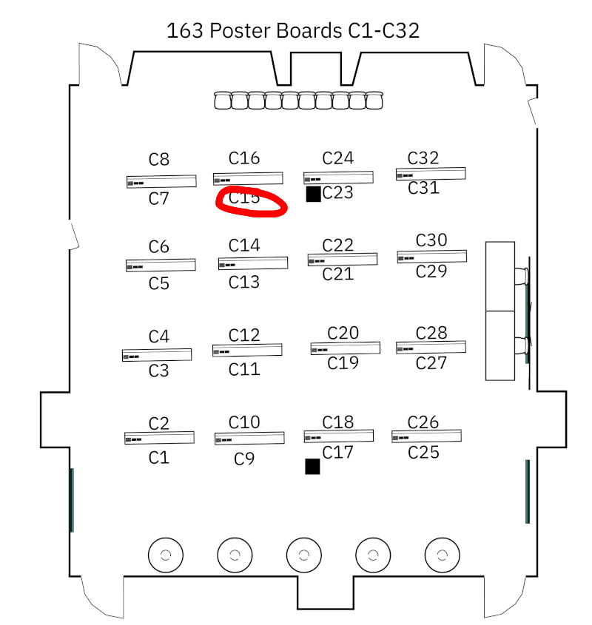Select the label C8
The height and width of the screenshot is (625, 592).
tap(159, 159)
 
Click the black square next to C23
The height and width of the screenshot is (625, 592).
tap(313, 194)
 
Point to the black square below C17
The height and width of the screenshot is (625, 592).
tap(312, 466)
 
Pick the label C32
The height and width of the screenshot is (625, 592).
tap(423, 158)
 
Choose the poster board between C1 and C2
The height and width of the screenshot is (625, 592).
tap(159, 438)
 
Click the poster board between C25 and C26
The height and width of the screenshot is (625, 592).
tap(426, 436)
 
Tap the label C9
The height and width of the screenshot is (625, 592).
tap(244, 459)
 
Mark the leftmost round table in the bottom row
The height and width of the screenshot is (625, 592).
tap(165, 555)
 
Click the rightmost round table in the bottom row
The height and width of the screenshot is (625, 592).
tap(442, 554)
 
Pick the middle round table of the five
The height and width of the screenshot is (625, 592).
tap(303, 555)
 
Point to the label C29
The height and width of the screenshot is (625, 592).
tap(431, 271)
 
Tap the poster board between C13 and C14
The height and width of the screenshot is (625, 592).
tap(252, 263)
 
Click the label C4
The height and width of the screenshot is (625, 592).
tap(159, 337)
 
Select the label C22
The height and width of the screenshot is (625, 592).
tap(338, 245)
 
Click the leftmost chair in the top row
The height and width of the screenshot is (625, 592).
tap(223, 101)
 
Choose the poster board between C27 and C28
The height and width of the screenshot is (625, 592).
tap(431, 347)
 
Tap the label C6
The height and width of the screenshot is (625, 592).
tap(159, 247)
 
